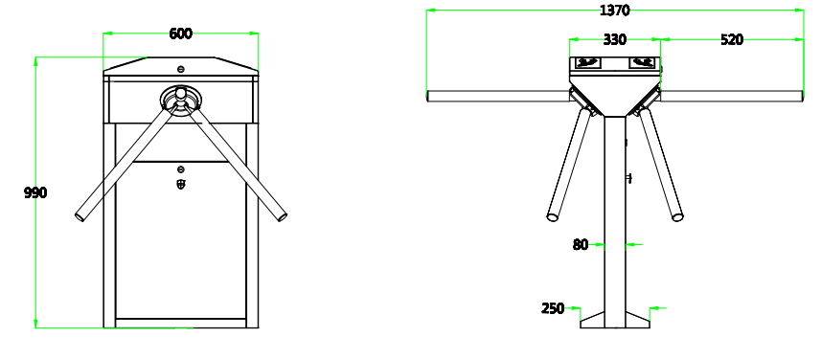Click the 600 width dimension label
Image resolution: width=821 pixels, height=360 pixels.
pos(181,34)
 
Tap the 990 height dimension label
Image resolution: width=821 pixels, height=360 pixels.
pos(35,192)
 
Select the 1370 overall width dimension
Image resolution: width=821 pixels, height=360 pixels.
pos(615,10)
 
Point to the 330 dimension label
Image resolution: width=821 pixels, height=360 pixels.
pos(615,39)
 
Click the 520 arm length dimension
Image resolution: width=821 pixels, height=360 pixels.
pos(732,39)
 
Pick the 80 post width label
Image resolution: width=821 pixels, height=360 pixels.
pos(581,244)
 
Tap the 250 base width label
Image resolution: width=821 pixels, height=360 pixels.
pos(553,308)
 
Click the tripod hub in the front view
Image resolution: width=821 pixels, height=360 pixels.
pos(181,98)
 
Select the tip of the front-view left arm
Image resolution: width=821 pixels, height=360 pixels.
pos(80,216)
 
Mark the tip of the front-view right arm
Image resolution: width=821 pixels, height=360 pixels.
pos(283,216)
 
